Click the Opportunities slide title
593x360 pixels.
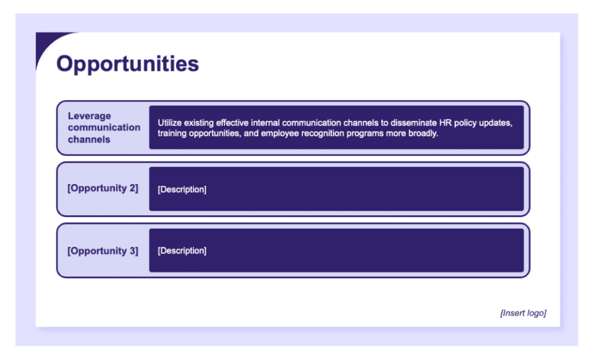click(x=127, y=64)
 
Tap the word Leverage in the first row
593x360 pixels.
click(x=89, y=116)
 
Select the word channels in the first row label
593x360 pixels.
click(x=89, y=139)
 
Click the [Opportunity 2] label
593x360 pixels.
click(x=103, y=188)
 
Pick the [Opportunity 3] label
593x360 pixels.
click(x=103, y=251)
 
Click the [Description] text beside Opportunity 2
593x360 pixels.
click(x=182, y=189)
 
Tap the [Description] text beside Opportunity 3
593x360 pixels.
click(x=182, y=251)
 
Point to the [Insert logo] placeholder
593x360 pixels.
click(x=523, y=313)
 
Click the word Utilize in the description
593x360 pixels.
click(x=170, y=123)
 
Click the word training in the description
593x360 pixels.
click(x=173, y=133)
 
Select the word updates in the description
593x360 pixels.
click(x=493, y=123)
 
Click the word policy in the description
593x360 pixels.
click(x=464, y=123)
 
